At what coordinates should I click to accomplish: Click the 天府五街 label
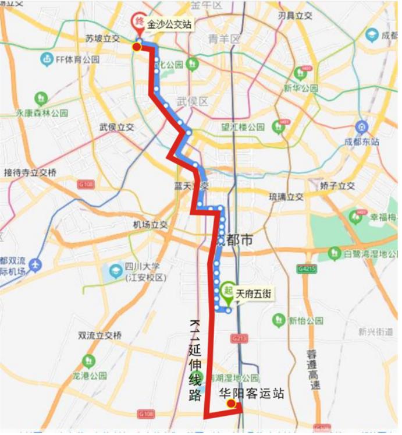[253, 295]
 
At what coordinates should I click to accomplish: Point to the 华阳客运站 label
[252, 394]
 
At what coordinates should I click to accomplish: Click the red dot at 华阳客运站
[231, 404]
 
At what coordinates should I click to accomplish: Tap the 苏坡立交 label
[102, 38]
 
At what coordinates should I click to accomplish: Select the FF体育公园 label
[77, 59]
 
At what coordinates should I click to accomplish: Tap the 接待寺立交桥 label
[30, 172]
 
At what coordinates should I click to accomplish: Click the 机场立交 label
[150, 225]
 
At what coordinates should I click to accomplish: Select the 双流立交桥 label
[100, 335]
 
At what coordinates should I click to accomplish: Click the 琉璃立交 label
[286, 197]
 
